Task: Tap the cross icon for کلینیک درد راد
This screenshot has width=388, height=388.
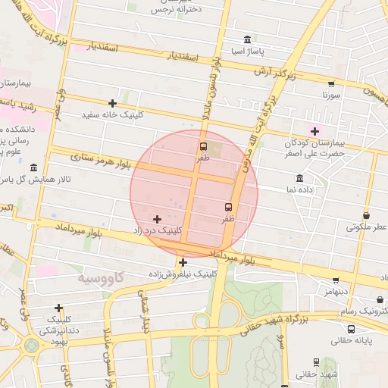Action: click(x=158, y=219)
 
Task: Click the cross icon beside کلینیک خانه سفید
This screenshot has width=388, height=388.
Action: click(x=113, y=103)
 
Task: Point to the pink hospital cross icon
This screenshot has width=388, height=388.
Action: click(x=314, y=132)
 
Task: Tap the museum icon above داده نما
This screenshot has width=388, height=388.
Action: click(x=300, y=179)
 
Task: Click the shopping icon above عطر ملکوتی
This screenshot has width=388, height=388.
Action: click(x=367, y=215)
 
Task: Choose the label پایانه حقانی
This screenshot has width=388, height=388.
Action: click(x=351, y=342)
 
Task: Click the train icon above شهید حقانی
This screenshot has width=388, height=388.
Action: click(x=316, y=363)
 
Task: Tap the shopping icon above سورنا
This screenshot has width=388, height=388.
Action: click(x=331, y=84)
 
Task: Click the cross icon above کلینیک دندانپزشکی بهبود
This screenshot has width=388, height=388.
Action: click(x=59, y=308)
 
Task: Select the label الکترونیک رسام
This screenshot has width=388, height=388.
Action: click(x=367, y=311)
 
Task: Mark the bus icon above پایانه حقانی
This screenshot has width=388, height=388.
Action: click(x=351, y=330)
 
